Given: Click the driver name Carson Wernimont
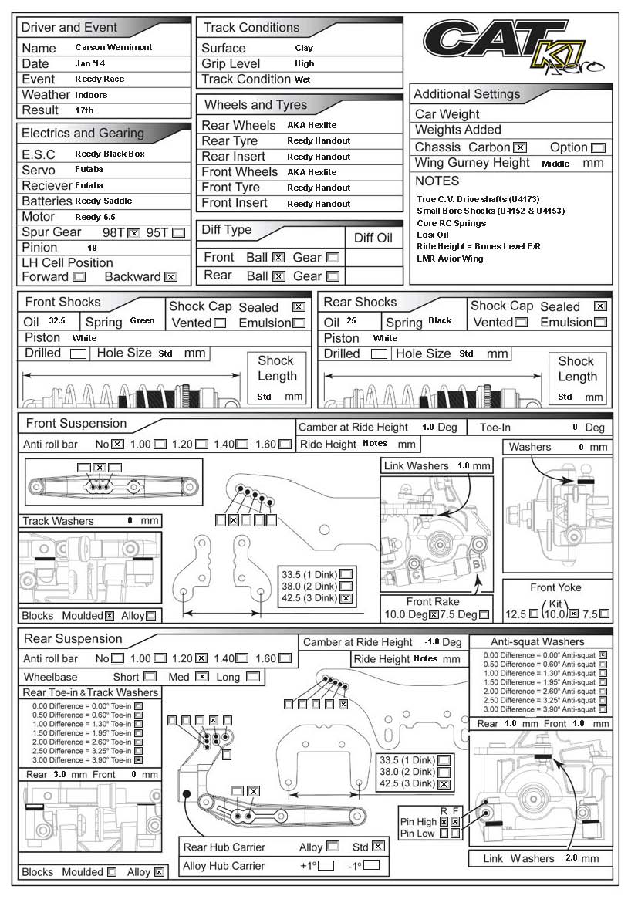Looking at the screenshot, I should (x=113, y=47).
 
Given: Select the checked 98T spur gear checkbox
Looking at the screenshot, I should (x=134, y=232).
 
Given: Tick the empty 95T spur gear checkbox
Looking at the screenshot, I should (x=179, y=232).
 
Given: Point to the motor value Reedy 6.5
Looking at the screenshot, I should (x=95, y=217).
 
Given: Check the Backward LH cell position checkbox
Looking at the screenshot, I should (x=171, y=277).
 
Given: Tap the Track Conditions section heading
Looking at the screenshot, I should (x=251, y=28).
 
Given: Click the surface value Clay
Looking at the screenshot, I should (x=304, y=48).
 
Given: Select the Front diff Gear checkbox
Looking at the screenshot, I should (x=333, y=258).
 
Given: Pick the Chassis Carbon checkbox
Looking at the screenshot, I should (x=520, y=147).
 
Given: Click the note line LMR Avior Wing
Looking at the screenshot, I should (x=450, y=259).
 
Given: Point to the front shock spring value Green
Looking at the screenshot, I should (x=142, y=321).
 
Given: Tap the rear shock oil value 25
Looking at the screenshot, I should (x=350, y=321).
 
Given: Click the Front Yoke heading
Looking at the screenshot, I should (x=555, y=587).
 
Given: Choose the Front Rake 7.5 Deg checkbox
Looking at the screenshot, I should (x=484, y=615).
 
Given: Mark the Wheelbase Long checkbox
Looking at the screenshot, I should (x=253, y=677).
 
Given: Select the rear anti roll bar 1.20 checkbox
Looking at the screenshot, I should (x=201, y=658).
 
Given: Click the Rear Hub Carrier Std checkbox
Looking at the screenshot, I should (x=377, y=846).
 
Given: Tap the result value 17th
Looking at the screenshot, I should (x=84, y=110).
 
